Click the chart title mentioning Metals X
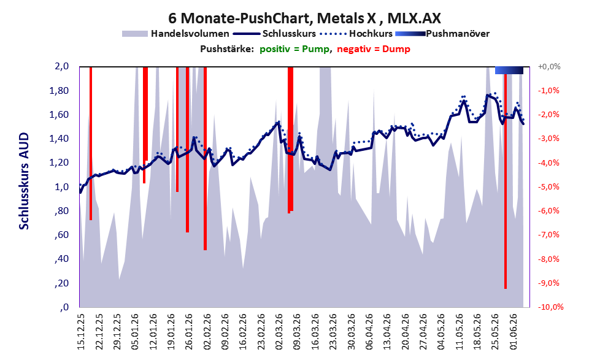(x=304, y=18)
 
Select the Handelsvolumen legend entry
(x=175, y=34)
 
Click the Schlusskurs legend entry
(x=274, y=34)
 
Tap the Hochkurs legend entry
(x=356, y=34)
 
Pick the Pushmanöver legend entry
(x=442, y=34)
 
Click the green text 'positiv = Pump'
(x=295, y=49)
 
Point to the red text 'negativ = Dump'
(x=374, y=49)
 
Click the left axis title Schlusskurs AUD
(x=24, y=181)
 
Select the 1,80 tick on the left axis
(x=59, y=91)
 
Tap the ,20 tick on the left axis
(x=61, y=283)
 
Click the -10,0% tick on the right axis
(x=550, y=307)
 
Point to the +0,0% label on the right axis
(x=550, y=67)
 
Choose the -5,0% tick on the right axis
(x=548, y=187)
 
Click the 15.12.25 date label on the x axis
(x=80, y=331)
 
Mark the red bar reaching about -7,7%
(x=205, y=158)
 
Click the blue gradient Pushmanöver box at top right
(x=509, y=70)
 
